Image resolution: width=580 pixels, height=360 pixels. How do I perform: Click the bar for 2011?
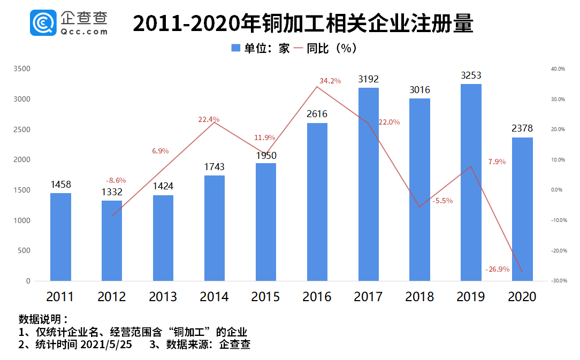point(60,236)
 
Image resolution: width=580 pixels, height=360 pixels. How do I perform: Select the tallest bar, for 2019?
point(471,182)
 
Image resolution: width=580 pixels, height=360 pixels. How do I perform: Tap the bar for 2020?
point(522,209)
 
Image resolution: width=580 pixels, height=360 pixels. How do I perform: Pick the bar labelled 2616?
point(317,202)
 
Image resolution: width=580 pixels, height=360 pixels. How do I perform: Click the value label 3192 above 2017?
point(368,79)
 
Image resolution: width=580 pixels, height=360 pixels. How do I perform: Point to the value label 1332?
point(112,192)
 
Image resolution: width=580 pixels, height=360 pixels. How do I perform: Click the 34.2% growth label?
point(330,81)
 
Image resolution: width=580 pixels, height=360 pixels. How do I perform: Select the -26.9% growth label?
point(497,269)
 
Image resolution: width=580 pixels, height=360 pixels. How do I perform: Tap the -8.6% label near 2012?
point(116,181)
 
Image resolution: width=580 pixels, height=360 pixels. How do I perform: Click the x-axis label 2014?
point(215,296)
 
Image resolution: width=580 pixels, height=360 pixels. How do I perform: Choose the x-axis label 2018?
point(419,296)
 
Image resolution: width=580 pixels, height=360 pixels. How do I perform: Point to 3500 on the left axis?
point(22,69)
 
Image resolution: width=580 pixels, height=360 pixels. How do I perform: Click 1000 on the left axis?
point(22,220)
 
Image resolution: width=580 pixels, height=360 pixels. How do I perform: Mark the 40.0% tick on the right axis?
point(558,69)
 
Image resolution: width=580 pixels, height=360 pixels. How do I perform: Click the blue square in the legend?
point(235,48)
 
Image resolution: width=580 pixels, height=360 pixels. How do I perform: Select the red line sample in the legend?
point(298,48)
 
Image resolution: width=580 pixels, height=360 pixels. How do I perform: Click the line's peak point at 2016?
point(317,87)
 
